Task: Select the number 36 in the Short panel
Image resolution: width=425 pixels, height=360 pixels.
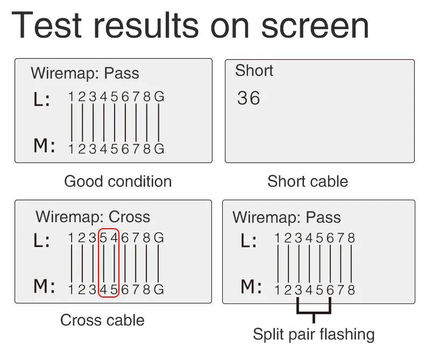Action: click(249, 98)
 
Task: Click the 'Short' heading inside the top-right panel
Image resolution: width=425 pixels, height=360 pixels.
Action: click(254, 70)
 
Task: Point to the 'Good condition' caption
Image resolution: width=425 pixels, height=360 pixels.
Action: click(118, 181)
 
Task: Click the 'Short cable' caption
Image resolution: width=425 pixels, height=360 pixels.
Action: click(308, 181)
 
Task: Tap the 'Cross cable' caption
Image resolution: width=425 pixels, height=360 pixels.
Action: click(102, 320)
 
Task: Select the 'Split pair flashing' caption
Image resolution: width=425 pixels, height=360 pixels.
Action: click(314, 334)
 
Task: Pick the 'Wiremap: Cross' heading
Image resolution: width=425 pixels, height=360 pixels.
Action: click(93, 217)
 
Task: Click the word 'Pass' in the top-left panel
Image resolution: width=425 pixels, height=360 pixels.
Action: click(122, 73)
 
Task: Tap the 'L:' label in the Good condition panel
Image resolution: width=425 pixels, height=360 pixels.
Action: click(41, 100)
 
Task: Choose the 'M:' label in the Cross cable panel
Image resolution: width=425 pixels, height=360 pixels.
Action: click(44, 286)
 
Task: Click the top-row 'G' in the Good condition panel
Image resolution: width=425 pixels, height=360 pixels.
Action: click(159, 97)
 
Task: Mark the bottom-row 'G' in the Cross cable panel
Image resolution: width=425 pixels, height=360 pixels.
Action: click(158, 290)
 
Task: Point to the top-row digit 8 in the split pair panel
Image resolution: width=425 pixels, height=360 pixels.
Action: click(351, 238)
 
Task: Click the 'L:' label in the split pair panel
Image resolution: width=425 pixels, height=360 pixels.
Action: click(248, 241)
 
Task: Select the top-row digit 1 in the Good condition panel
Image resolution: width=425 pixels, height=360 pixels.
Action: click(71, 97)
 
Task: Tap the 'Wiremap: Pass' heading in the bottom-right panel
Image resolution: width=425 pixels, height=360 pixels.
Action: click(287, 217)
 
